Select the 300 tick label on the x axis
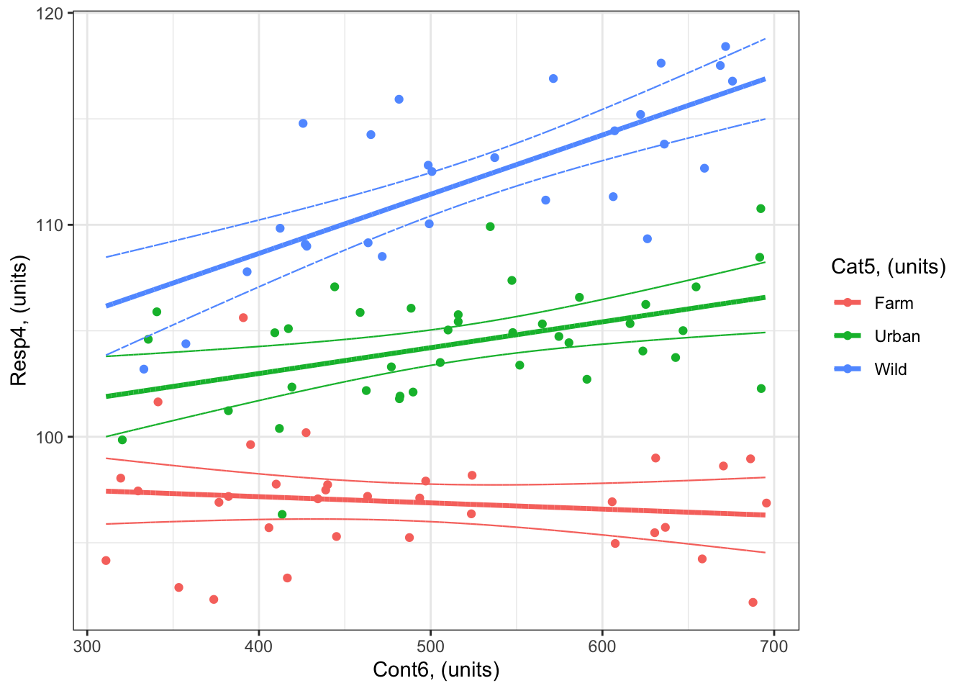pos(87,646)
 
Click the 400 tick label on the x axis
pos(259,646)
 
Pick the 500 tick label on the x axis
pos(430,646)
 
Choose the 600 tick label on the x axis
pos(602,646)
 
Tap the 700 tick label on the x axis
pos(773,646)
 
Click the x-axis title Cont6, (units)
pos(436,670)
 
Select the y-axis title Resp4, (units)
pos(19,320)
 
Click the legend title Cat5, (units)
pos(888,267)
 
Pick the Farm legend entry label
pos(894,303)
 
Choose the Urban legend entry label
pos(897,336)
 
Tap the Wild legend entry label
pos(891,369)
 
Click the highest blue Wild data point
pos(725,47)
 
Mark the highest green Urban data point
pos(761,209)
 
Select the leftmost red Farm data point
pos(106,561)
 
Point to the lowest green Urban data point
pos(282,515)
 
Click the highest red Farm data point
pos(243,317)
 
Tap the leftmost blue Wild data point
pos(144,369)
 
